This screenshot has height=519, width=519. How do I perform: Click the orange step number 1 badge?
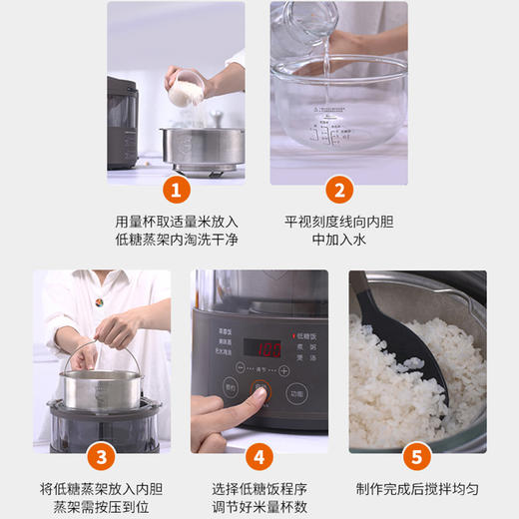pyautogui.click(x=176, y=190)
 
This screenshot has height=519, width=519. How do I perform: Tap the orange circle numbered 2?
pyautogui.click(x=338, y=190)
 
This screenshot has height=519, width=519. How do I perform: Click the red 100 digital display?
pyautogui.click(x=268, y=349)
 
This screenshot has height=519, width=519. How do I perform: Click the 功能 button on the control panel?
pyautogui.click(x=297, y=393)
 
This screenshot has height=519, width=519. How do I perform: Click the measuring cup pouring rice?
pyautogui.click(x=183, y=92)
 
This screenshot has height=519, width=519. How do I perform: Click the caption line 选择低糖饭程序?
pyautogui.click(x=258, y=489)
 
